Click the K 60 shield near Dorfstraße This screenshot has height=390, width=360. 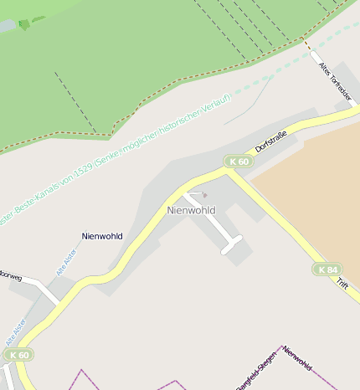click(239, 162)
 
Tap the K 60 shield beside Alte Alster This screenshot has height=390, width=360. click(20, 356)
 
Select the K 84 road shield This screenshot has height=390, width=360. click(327, 269)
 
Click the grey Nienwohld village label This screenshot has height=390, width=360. click(191, 210)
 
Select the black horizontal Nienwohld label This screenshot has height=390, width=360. click(102, 236)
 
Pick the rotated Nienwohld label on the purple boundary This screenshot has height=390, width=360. click(297, 357)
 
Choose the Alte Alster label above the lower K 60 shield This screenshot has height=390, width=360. click(17, 331)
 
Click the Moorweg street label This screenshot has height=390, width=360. click(10, 274)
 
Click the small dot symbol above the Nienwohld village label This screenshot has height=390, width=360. click(203, 195)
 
